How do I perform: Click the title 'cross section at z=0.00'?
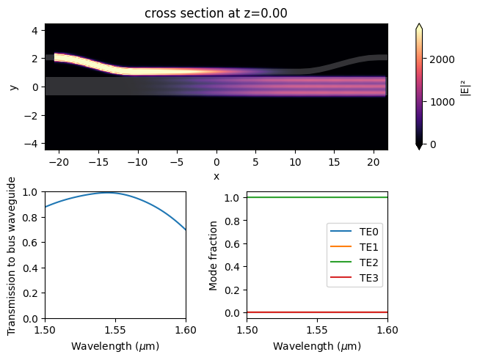216,13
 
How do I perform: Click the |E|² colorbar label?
464,87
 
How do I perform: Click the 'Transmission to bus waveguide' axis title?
12,255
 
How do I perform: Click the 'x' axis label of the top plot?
216,176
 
